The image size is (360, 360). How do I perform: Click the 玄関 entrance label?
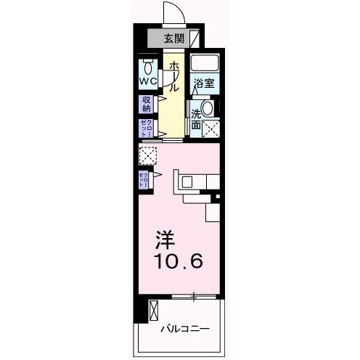pos(173,38)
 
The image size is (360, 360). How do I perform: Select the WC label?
pos(148,82)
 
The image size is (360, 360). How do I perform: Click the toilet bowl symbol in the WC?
pos(149,68)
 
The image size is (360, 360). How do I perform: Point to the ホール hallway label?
pos(174,76)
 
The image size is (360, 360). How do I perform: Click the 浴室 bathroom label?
pos(203,84)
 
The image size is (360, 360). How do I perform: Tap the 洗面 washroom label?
pos(197,119)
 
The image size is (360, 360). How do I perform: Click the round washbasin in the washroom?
pos(208,109)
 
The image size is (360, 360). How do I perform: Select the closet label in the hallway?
pos(146,128)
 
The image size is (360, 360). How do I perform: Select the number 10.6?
pos(178,260)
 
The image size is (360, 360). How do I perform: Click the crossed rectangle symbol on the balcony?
pos(153,310)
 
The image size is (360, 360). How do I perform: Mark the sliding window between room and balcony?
pos(195,296)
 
